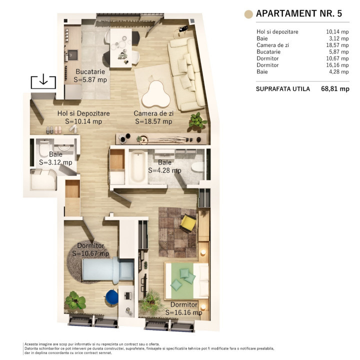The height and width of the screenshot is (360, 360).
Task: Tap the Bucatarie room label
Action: click(x=90, y=75)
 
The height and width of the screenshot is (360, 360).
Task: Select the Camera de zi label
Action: click(x=153, y=117)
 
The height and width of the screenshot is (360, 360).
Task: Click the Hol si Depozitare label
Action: click(x=83, y=117)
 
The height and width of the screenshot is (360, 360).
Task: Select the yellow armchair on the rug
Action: click(x=188, y=222)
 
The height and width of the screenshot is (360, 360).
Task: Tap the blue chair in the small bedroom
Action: click(x=112, y=297)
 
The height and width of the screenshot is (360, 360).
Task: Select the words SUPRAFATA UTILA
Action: click(x=282, y=89)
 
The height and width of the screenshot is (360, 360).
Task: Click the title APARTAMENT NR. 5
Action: click(x=298, y=13)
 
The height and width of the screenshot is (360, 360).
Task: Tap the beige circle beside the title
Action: click(x=247, y=14)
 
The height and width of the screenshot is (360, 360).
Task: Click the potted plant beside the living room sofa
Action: click(x=198, y=120)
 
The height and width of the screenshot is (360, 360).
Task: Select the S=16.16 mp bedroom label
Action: click(x=186, y=308)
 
